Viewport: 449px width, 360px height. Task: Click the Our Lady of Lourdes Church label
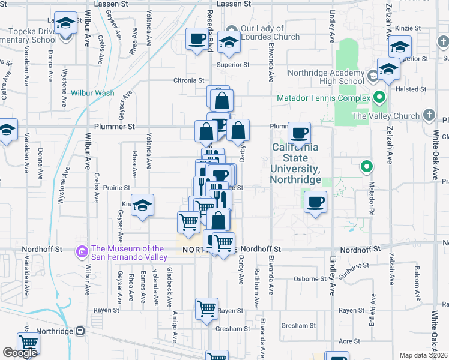point(270,32)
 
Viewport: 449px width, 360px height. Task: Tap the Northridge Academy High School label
point(326,77)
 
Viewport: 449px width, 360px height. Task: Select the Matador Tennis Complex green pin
point(379,97)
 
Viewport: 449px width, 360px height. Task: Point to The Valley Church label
point(386,116)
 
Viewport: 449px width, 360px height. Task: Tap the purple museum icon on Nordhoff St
point(82,253)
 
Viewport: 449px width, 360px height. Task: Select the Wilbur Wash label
point(92,93)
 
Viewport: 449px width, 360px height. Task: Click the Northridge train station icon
point(79,331)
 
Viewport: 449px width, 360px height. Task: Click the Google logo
point(20,353)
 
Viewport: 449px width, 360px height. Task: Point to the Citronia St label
point(189,80)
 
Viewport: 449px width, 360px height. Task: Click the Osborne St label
point(310,279)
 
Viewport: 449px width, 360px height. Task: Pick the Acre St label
point(349,341)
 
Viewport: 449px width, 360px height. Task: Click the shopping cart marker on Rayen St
point(206,309)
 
